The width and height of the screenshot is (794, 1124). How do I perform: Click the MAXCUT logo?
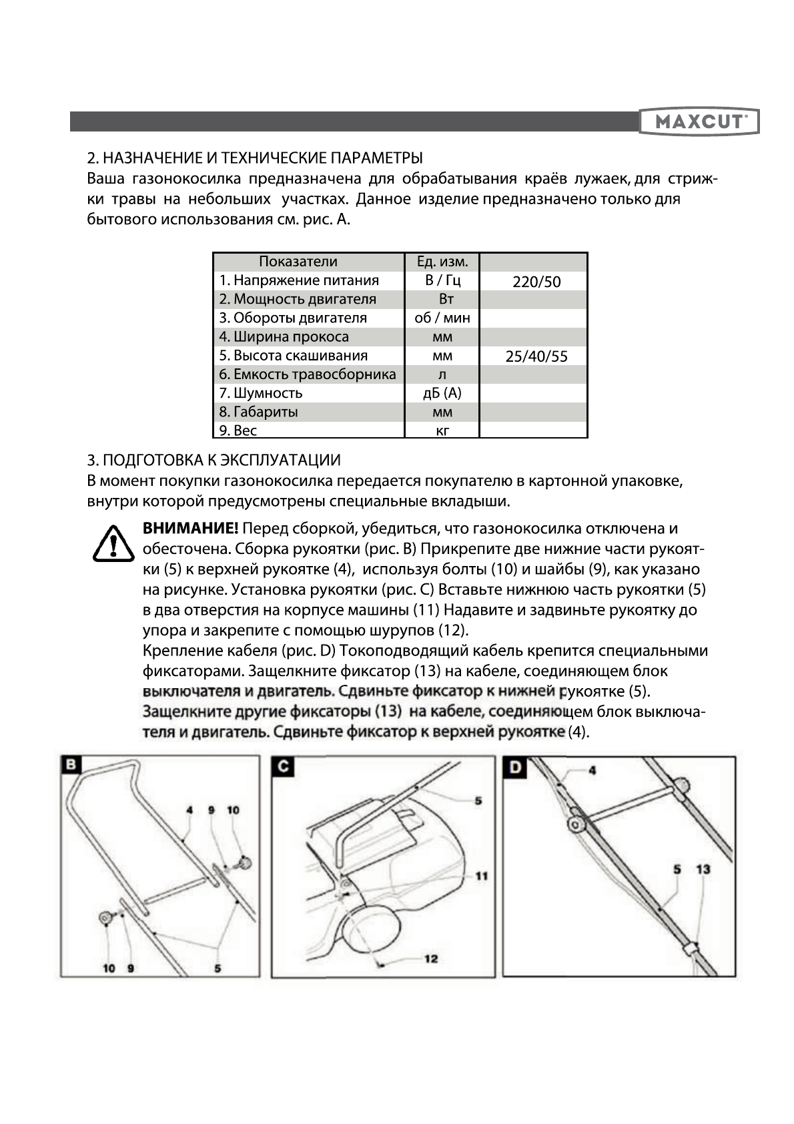coord(699,121)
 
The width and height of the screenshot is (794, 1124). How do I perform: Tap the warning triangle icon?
coord(113,543)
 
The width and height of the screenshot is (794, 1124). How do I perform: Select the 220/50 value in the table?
coord(536,282)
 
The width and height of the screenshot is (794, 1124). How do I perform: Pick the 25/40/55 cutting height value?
coord(536,356)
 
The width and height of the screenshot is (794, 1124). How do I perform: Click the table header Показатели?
coord(298,262)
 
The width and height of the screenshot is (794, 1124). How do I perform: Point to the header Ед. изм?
coord(442,262)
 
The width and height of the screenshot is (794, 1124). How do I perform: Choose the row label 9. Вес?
coord(238,431)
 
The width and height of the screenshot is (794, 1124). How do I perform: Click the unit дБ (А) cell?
coord(442,393)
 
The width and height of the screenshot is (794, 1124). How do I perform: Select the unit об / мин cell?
coord(442,318)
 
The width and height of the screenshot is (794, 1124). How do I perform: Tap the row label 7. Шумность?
coord(261,393)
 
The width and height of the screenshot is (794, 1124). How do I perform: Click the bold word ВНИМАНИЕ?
coord(190,529)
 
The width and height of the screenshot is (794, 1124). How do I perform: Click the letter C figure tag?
coord(283,766)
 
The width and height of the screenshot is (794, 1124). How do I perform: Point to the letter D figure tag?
coord(514,767)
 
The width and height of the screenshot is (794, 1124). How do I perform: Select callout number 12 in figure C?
coord(431,958)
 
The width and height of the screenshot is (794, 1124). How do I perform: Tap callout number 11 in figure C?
coord(481,876)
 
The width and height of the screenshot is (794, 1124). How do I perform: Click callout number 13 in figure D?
coord(703,869)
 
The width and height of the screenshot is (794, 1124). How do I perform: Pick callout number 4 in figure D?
coord(592,770)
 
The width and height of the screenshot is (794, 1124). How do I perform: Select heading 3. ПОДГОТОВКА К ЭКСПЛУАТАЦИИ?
coord(214,460)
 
